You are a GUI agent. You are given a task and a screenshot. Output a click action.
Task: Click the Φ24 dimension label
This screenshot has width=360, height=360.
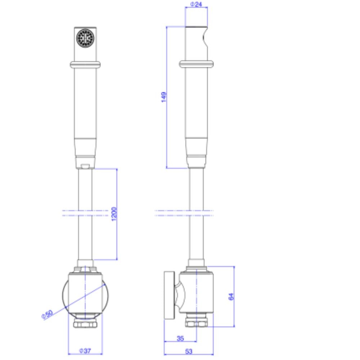click(x=196, y=4)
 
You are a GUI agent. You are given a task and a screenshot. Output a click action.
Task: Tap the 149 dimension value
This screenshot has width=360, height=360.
click(x=164, y=97)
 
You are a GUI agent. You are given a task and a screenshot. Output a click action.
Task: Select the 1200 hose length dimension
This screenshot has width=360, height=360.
click(x=114, y=214)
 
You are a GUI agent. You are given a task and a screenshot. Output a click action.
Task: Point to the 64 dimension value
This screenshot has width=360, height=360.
click(x=231, y=297)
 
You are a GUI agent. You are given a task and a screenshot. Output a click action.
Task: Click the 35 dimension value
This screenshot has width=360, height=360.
click(x=180, y=338)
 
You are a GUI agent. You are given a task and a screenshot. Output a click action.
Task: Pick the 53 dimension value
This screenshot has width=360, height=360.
click(x=189, y=351)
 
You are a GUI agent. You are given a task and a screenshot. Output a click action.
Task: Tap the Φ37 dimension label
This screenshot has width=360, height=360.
click(x=85, y=351)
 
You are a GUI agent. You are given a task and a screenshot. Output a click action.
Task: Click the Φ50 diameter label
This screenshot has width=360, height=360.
click(x=47, y=314)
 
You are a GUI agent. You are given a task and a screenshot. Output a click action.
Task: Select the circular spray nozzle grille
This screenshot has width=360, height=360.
click(x=85, y=38)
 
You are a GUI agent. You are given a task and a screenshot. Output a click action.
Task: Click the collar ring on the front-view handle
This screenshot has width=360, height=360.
click(x=85, y=65)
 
